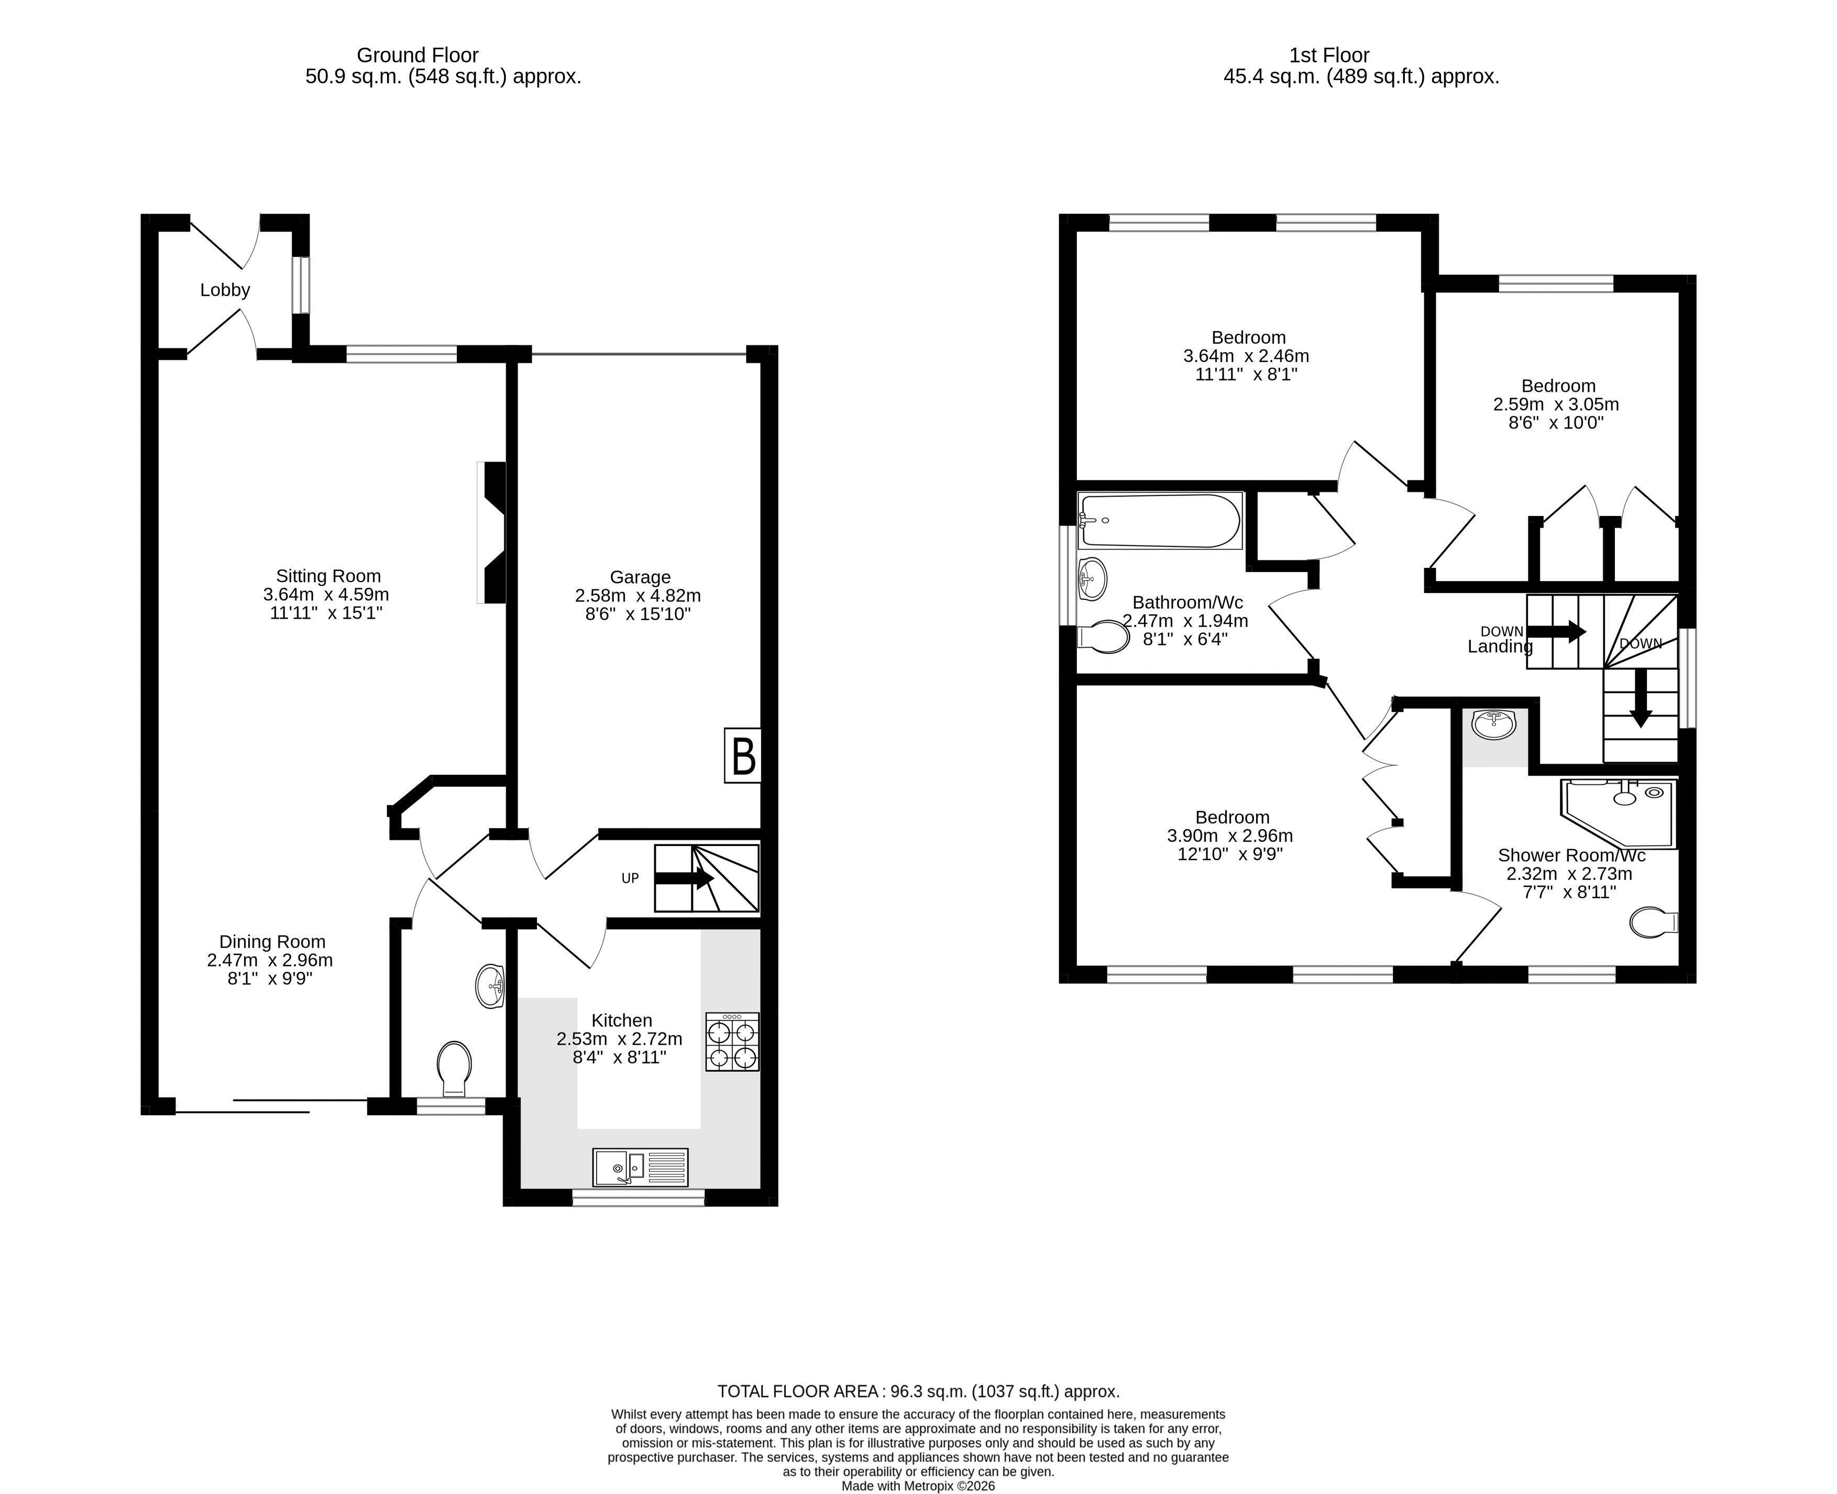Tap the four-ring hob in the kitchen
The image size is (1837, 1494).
pos(732,1041)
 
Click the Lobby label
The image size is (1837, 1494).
pos(225,290)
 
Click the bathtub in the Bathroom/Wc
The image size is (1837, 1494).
pos(1160,521)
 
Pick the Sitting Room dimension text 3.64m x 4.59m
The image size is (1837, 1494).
pos(326,595)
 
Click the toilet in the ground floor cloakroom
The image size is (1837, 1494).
pos(454,1069)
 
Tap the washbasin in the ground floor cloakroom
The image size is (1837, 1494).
pos(490,986)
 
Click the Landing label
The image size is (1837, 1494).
pos(1500,646)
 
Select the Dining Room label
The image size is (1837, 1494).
pos(272,942)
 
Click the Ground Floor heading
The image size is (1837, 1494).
pos(417,55)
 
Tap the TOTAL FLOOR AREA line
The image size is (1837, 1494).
pos(919,1391)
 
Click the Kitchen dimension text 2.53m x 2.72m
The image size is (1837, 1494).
pos(620,1039)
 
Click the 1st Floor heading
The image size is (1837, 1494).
pos(1329,55)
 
